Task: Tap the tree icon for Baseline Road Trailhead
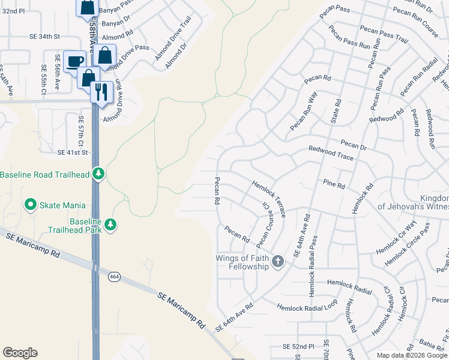click(99, 175)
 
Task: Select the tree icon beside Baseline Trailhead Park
click(110, 225)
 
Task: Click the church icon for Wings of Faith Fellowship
click(277, 261)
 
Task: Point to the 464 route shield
click(113, 276)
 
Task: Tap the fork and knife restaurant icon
click(99, 91)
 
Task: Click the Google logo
click(20, 353)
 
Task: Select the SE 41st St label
click(73, 153)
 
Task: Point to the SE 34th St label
click(45, 37)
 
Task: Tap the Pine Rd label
click(334, 184)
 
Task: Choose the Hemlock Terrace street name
click(268, 198)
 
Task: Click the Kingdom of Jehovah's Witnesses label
click(412, 203)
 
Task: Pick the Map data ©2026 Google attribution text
click(411, 355)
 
